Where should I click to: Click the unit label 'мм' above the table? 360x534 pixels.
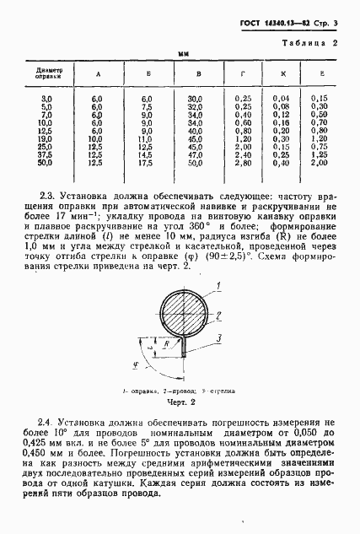click(x=181, y=54)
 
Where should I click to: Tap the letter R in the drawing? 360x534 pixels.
click(x=169, y=344)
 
